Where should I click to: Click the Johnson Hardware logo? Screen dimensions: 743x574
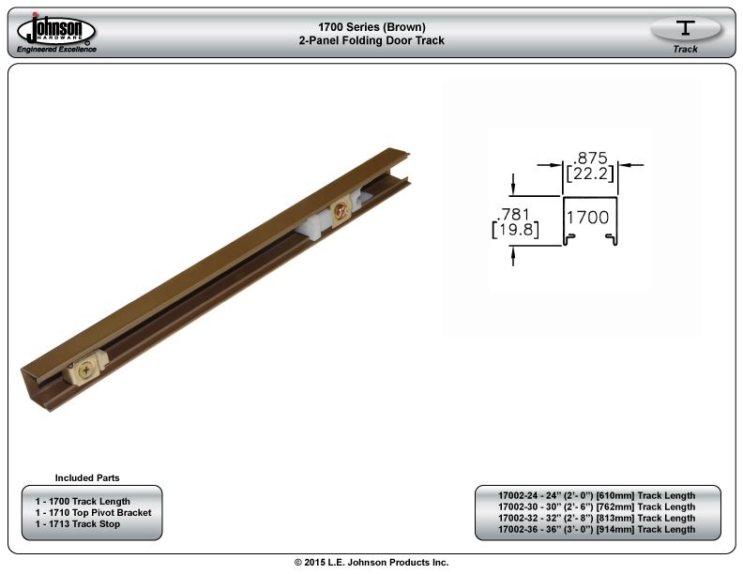click(56, 33)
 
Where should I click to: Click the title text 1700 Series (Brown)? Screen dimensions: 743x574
click(372, 27)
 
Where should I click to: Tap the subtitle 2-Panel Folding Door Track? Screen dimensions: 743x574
click(372, 40)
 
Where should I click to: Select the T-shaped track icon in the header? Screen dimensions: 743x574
click(685, 27)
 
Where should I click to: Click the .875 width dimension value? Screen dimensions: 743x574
click(590, 158)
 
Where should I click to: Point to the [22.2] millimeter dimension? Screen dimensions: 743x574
click(590, 174)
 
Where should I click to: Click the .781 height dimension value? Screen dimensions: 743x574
click(513, 214)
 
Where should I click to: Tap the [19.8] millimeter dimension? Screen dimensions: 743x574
click(516, 230)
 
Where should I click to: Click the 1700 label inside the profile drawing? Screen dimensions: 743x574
click(588, 218)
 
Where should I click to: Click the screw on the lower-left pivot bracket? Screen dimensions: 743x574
click(86, 370)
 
